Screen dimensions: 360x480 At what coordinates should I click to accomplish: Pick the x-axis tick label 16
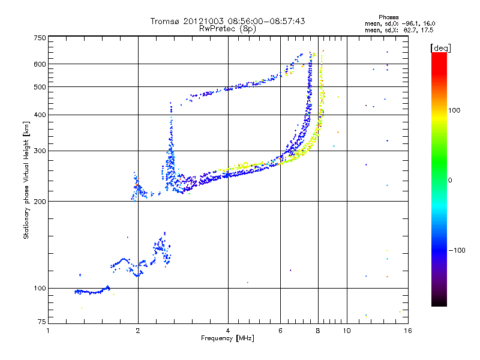coord(407,331)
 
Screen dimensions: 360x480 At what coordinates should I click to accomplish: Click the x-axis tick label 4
coord(228,331)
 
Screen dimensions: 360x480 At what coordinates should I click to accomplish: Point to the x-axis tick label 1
coord(49,331)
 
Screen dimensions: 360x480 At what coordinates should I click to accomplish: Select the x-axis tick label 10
coord(346,331)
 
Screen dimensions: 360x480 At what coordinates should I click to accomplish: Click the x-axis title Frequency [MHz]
coord(227,338)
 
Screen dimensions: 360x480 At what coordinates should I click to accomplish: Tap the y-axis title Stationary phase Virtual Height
coord(26,181)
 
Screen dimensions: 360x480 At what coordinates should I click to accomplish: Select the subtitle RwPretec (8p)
coord(227,28)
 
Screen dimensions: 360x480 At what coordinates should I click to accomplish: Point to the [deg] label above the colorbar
coord(441,48)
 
